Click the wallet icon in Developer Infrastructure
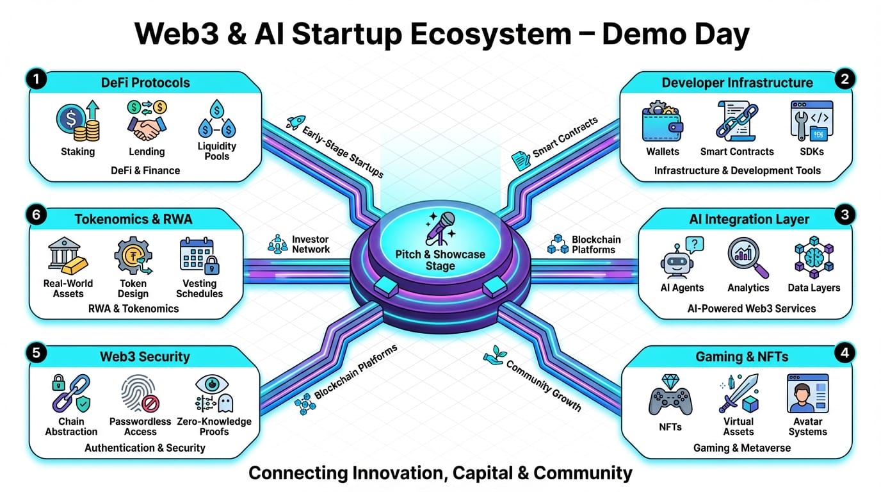(662, 122)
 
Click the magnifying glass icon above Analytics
(747, 257)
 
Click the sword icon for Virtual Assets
(739, 393)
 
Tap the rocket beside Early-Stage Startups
(295, 122)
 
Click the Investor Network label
(311, 244)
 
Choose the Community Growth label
(543, 385)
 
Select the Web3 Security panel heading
(145, 357)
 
